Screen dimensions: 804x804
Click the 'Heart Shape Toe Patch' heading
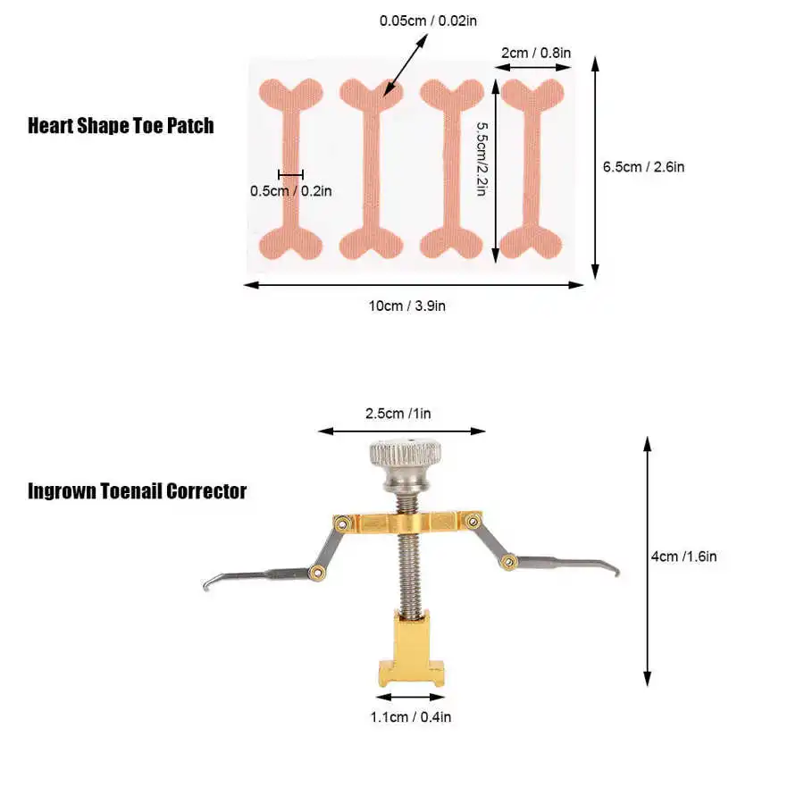click(121, 125)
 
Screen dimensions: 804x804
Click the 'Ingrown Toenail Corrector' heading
click(137, 491)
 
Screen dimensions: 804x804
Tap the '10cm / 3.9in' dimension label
click(407, 306)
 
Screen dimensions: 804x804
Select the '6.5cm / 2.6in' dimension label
click(643, 166)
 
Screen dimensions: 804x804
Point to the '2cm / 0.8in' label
click(535, 53)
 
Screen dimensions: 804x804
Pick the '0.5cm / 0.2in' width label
click(291, 189)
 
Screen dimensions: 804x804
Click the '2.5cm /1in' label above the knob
click(398, 414)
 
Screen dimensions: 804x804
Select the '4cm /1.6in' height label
click(683, 556)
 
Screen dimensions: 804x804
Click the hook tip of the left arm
click(207, 585)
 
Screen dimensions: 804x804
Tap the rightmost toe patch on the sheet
click(530, 168)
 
